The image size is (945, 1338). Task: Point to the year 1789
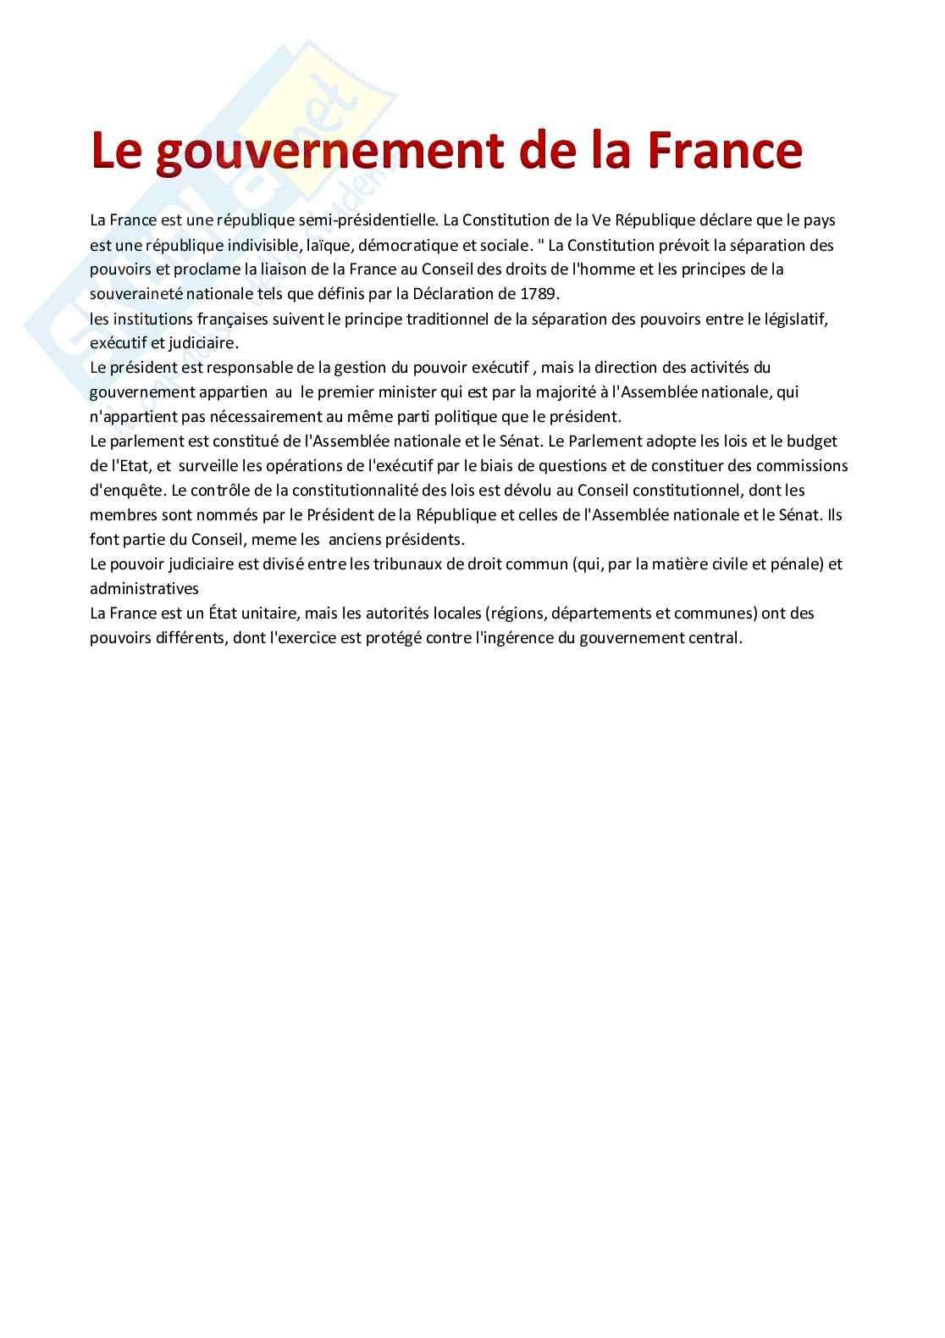(542, 294)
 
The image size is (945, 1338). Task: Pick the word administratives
(144, 589)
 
